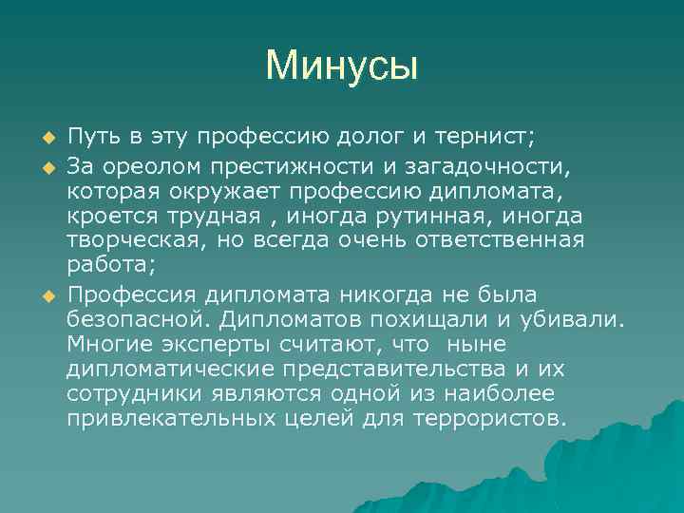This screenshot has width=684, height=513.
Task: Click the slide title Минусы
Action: pyautogui.click(x=342, y=66)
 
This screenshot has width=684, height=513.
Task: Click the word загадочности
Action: pyautogui.click(x=465, y=168)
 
